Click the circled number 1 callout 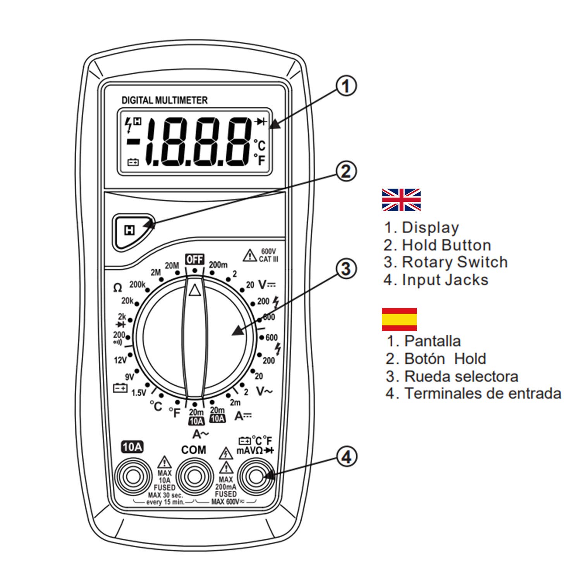(346, 86)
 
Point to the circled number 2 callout (346, 172)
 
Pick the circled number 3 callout (346, 268)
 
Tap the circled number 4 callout (346, 457)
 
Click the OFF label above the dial (194, 259)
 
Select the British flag (401, 200)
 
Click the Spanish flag (399, 320)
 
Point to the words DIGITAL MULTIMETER (165, 100)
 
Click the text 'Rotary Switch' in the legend (455, 262)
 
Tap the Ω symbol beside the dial (117, 288)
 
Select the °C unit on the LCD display (260, 145)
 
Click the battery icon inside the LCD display (133, 162)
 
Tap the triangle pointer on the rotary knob (194, 290)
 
